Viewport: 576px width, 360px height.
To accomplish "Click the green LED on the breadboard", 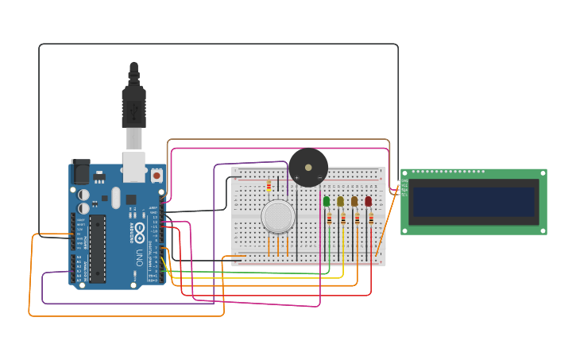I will click(327, 202).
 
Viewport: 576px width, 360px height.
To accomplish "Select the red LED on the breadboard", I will click(368, 202).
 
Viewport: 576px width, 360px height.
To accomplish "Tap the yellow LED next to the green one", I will click(340, 202).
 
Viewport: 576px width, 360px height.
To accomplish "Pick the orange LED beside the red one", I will click(354, 202).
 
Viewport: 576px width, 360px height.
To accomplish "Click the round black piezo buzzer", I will click(308, 168).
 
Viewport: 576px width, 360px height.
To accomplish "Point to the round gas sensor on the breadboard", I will click(278, 216).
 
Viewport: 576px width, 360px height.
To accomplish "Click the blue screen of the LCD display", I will click(474, 202).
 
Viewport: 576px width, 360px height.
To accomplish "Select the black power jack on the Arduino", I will click(80, 172).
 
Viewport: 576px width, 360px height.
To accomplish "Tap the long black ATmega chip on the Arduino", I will click(97, 248).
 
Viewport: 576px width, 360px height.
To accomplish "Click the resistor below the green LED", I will click(329, 219).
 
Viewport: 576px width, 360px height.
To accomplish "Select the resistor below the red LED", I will click(370, 219).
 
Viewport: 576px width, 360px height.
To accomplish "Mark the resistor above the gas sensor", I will click(269, 186).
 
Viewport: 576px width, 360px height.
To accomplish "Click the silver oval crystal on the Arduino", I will click(116, 197).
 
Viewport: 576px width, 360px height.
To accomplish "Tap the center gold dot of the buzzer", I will click(308, 168).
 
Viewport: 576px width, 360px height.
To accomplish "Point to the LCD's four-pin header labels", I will click(404, 188).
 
